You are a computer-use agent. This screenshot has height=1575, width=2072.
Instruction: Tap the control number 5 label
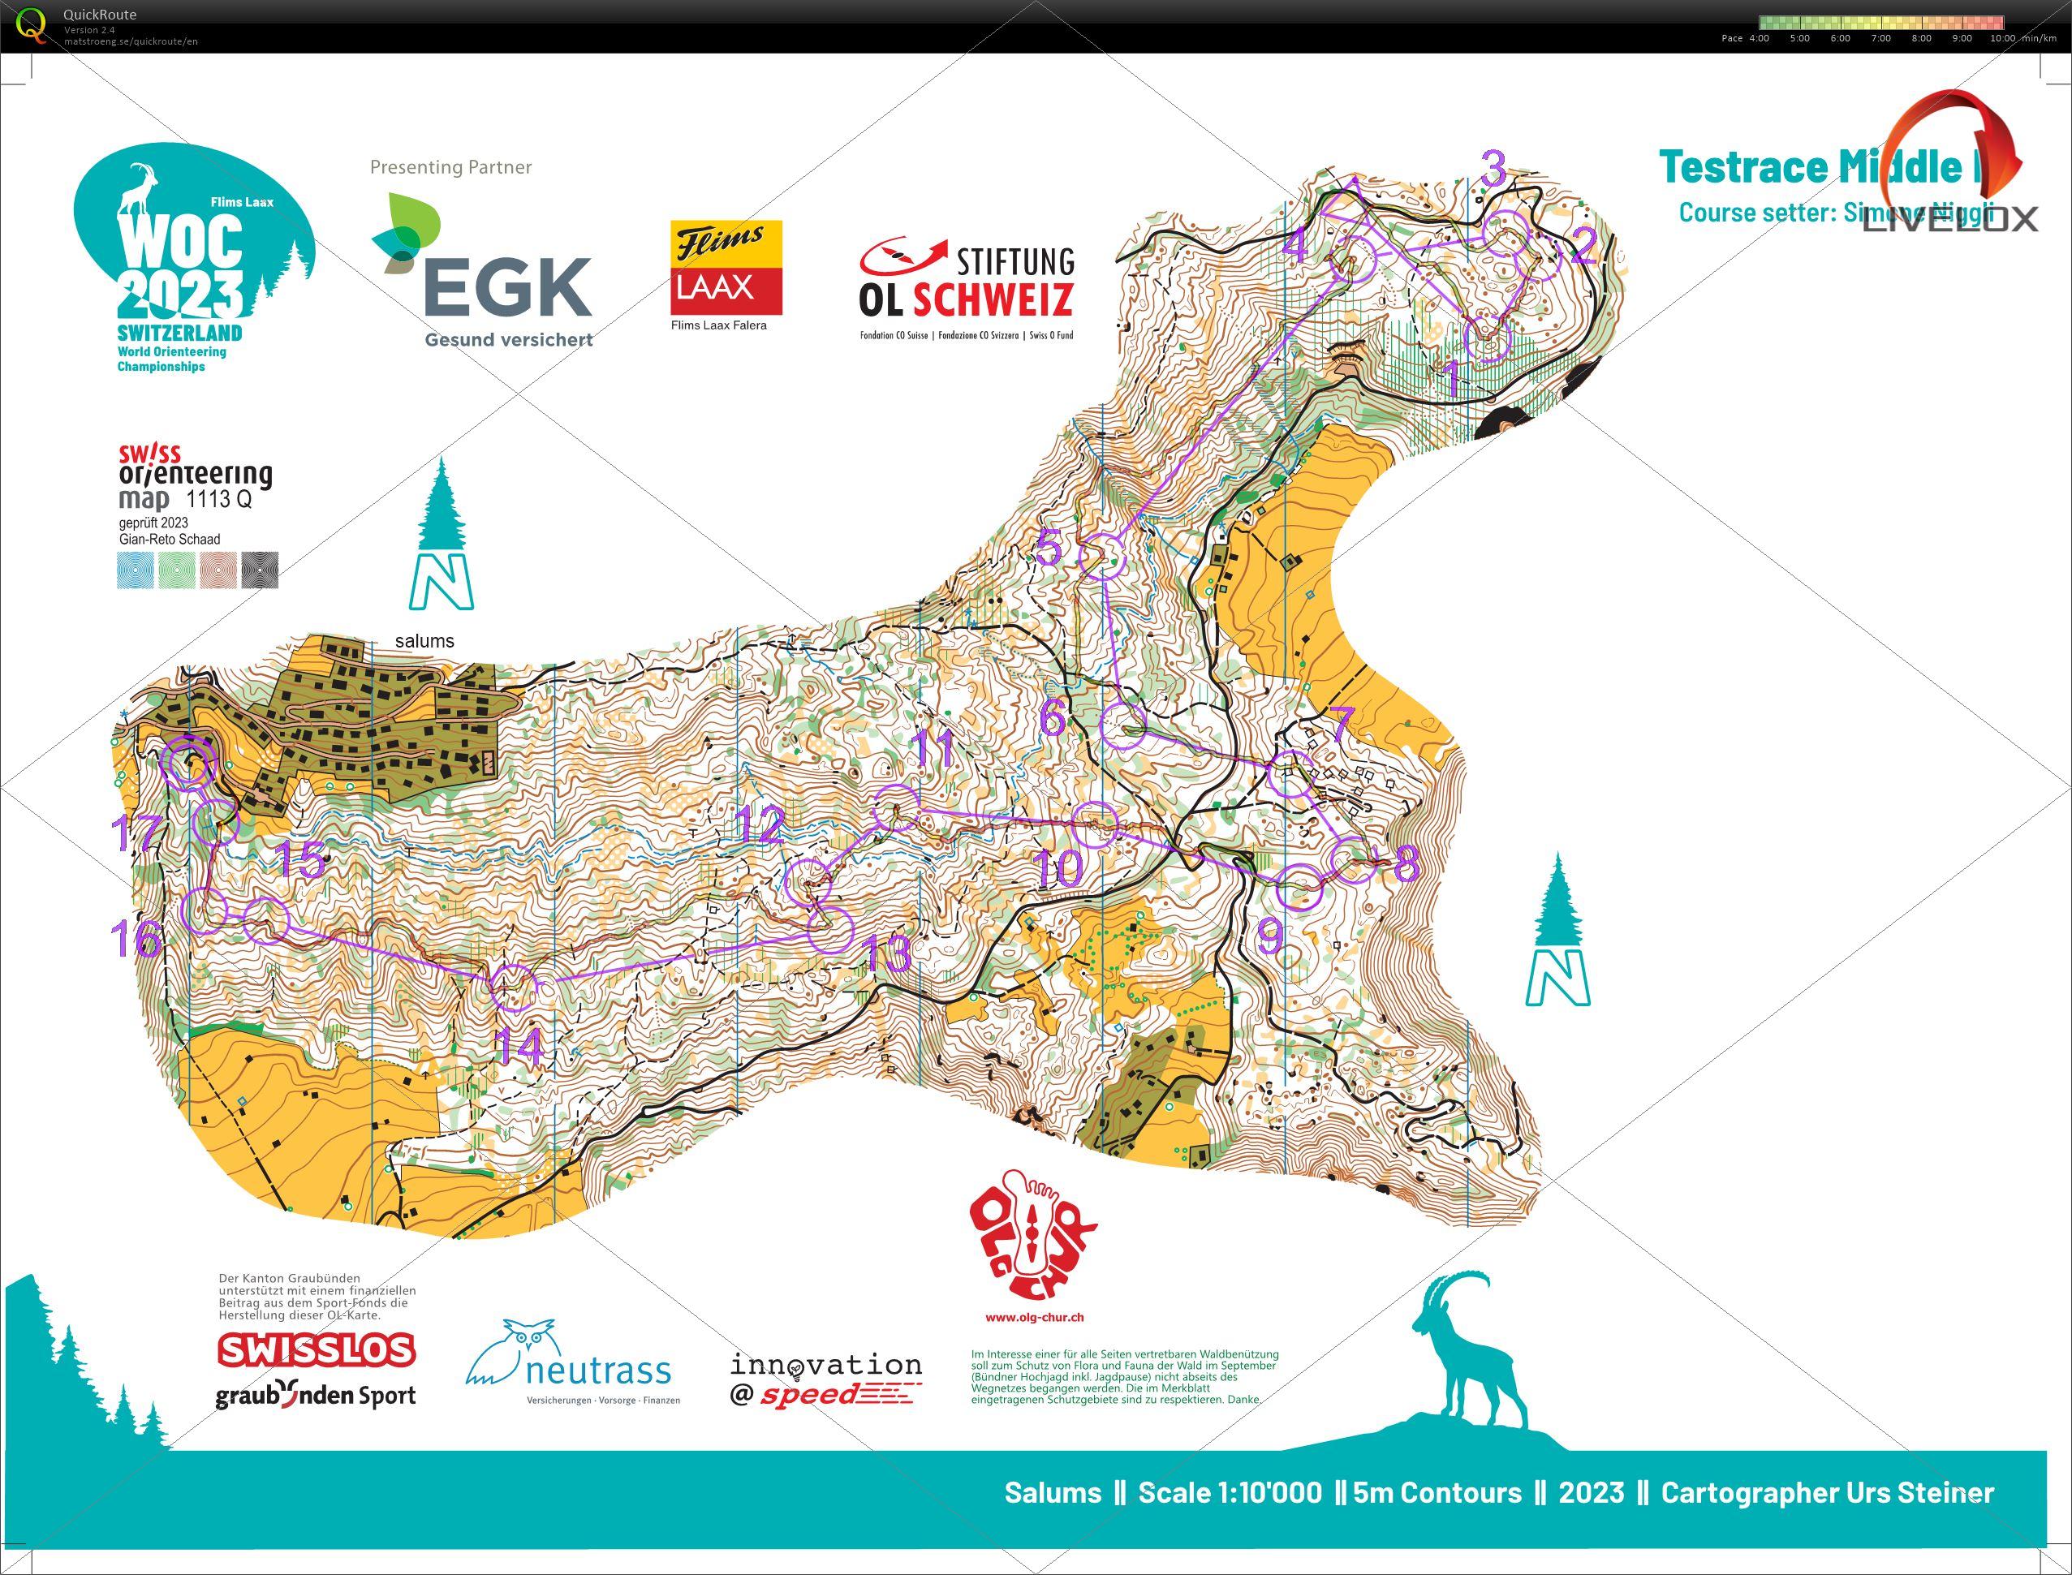(x=1049, y=547)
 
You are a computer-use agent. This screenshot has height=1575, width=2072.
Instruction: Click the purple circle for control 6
(x=1122, y=725)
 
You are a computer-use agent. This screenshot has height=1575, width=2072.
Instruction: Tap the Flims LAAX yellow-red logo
(x=726, y=268)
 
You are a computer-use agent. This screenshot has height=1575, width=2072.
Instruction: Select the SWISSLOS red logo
(x=316, y=1350)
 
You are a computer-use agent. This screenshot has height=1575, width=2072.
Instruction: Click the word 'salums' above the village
(x=424, y=641)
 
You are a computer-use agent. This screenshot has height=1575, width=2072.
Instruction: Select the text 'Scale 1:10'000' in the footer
(x=1229, y=1492)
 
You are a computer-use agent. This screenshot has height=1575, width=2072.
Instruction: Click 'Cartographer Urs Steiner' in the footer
(x=1826, y=1492)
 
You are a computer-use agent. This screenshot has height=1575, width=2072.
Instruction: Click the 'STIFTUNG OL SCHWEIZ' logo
(x=967, y=282)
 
